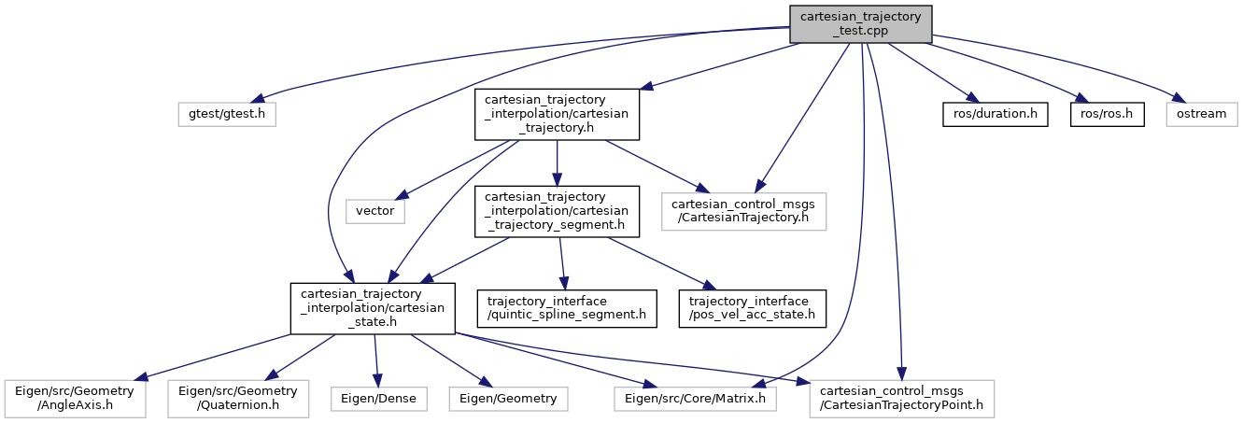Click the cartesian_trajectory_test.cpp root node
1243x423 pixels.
coord(861,22)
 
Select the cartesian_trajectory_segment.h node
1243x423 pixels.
coord(558,211)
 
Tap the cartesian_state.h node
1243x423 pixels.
coord(372,308)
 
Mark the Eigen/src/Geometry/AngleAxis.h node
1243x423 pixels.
coord(74,399)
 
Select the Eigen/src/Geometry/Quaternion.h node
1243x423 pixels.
coord(239,399)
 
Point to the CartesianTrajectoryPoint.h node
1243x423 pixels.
coord(901,399)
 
